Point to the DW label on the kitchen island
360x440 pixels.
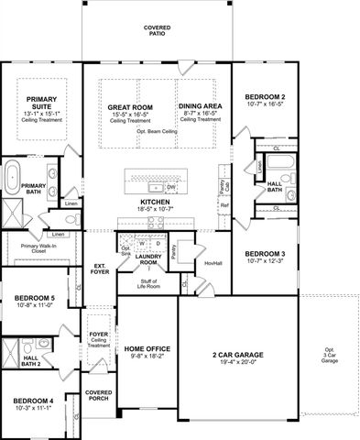click(x=170, y=186)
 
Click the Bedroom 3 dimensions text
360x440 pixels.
click(x=265, y=262)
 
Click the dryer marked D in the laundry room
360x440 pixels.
click(x=157, y=243)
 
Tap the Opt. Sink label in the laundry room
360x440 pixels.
click(x=125, y=250)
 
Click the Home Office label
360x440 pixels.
click(x=147, y=349)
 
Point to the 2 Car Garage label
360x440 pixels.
click(x=238, y=353)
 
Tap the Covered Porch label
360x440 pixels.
click(x=98, y=394)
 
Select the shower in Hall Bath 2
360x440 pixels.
click(x=12, y=355)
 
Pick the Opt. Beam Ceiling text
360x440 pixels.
click(x=158, y=131)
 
